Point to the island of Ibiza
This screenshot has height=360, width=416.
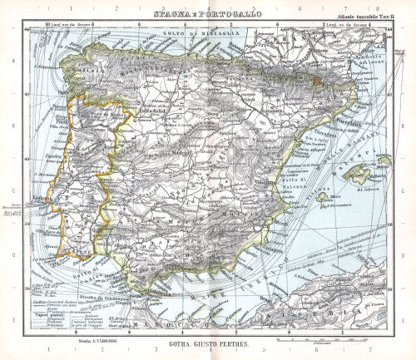pyautogui.click(x=322, y=199)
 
